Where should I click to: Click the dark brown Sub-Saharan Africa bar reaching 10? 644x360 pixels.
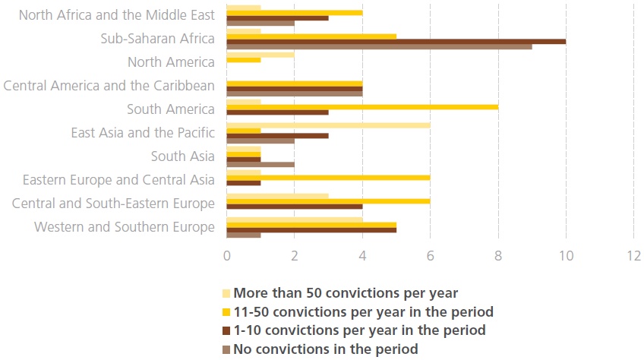[x=396, y=40]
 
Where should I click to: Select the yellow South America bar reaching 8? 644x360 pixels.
[x=362, y=107]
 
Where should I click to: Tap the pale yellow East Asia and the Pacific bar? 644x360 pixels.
[x=328, y=125]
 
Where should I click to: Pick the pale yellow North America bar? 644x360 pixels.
[x=260, y=54]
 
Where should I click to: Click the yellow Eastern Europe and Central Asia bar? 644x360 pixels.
[x=328, y=177]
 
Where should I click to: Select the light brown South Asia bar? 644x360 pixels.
[x=260, y=163]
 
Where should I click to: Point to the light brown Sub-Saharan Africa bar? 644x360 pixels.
[x=379, y=46]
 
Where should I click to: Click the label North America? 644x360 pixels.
[x=171, y=62]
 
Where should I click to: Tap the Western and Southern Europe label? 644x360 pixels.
[x=125, y=226]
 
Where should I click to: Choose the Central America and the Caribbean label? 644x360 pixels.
[x=109, y=86]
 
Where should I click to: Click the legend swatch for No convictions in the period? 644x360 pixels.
[x=226, y=349]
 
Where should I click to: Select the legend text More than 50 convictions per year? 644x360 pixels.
[x=346, y=292]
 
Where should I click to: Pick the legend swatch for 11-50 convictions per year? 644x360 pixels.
[x=226, y=311]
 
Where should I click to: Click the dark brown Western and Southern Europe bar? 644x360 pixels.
[x=311, y=229]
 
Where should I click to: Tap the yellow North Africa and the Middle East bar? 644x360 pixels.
[x=295, y=13]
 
